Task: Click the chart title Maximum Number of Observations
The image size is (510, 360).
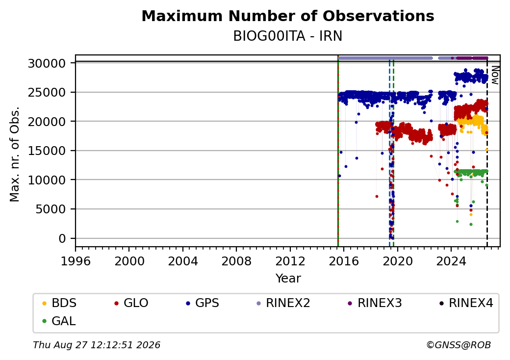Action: [x=288, y=16]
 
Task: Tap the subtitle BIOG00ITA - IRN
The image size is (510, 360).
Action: [x=288, y=36]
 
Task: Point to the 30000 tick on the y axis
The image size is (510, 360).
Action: [x=47, y=63]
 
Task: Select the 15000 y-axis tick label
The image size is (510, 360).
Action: [x=47, y=151]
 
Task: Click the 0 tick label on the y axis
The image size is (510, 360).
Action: [x=62, y=239]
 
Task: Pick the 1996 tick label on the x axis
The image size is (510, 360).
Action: [x=76, y=261]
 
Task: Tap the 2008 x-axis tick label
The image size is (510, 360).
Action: [x=236, y=261]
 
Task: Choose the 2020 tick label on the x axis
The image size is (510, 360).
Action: [x=397, y=261]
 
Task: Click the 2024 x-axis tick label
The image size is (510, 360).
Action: [x=451, y=261]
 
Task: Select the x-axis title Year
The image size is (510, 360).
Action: [x=288, y=279]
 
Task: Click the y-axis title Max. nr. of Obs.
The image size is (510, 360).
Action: [x=14, y=154]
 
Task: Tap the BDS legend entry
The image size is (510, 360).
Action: [x=59, y=303]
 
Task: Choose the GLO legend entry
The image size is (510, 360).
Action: [x=131, y=303]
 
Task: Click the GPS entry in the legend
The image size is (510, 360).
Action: [x=203, y=303]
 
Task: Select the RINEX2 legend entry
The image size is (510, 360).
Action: [x=283, y=303]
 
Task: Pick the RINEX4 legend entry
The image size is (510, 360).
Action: [x=466, y=303]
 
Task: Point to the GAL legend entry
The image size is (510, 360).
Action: [x=59, y=321]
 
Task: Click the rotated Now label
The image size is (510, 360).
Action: [x=495, y=75]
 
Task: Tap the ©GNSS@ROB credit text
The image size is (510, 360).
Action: [x=459, y=345]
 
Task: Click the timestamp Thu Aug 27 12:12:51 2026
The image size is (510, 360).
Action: [x=97, y=345]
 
